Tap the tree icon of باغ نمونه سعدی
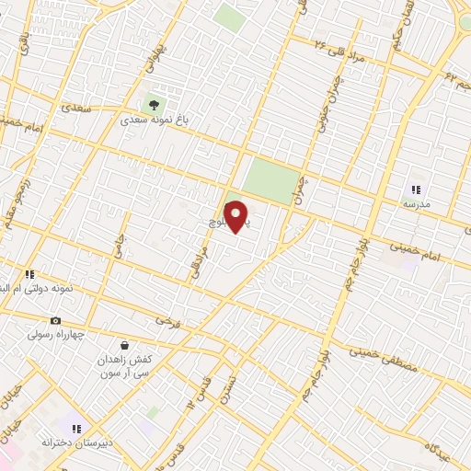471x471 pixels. (152, 103)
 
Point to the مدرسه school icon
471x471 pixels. (415, 189)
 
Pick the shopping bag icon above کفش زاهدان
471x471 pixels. (124, 346)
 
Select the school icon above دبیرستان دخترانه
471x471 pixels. (76, 428)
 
